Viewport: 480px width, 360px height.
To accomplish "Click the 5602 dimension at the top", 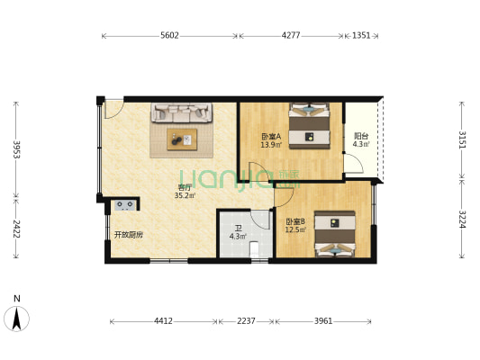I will (x=169, y=36).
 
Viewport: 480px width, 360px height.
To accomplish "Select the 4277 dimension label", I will (x=291, y=36).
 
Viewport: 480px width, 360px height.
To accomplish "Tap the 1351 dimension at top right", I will (x=361, y=36).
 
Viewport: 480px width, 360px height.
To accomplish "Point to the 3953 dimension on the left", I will (x=16, y=148).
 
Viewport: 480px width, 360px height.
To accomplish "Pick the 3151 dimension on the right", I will (x=462, y=139).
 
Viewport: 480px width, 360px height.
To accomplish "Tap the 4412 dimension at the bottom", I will (x=163, y=321).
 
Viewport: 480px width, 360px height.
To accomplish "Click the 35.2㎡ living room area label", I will (x=186, y=194).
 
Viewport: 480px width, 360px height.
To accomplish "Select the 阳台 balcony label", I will (x=360, y=136).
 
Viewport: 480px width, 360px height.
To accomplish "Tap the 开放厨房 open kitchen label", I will (x=128, y=235).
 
